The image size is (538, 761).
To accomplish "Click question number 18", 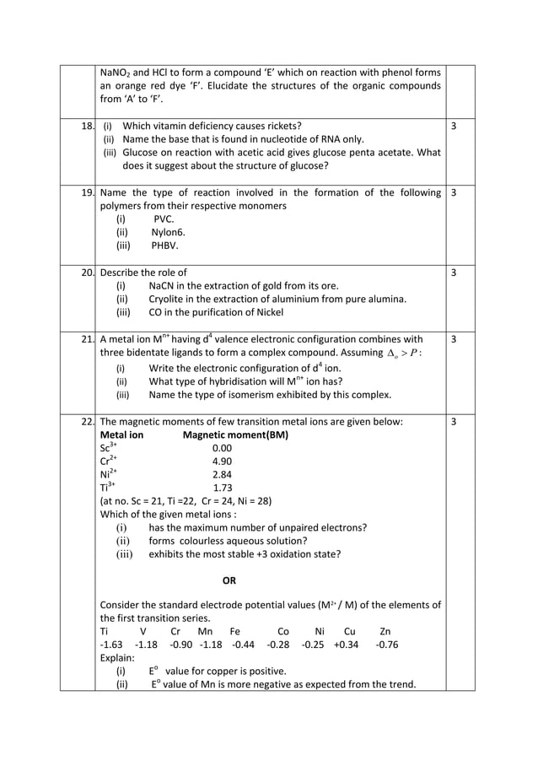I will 88,126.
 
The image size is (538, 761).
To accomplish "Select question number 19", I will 88,192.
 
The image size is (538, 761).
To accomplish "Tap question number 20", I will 88,273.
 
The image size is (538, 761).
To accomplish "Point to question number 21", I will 88,339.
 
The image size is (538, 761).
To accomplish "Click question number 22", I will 88,421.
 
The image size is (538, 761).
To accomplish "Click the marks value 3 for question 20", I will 454,273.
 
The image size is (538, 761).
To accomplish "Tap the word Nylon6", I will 168,232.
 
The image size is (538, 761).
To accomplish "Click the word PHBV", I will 164,246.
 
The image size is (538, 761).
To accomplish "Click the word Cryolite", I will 168,299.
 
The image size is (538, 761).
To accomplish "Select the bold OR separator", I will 229,580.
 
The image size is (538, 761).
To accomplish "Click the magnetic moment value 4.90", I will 222,461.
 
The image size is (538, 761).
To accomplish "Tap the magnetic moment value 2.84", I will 222,475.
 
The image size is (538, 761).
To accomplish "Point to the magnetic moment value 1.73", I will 222,488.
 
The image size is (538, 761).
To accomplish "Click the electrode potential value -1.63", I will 111,645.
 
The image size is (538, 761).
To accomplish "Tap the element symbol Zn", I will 385,631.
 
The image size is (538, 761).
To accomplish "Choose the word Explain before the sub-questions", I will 116,658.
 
